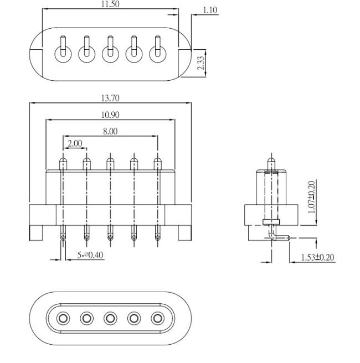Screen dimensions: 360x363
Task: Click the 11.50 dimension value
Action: pos(110,4)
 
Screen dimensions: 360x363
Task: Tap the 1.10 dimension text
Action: pos(210,10)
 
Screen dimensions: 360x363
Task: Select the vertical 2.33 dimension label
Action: pos(200,63)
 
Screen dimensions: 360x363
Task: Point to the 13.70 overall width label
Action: pos(110,98)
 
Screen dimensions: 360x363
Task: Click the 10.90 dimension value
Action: pos(110,115)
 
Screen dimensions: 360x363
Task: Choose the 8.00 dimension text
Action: pos(110,132)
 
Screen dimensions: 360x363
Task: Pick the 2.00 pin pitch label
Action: pos(75,143)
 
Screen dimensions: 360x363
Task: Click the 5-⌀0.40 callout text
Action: pos(90,255)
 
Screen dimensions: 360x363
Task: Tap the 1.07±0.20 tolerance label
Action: pos(312,197)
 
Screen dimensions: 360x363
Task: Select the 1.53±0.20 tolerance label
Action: pos(317,257)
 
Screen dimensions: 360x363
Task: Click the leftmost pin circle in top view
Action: pos(63,54)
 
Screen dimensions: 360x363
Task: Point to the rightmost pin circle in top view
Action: pos(157,54)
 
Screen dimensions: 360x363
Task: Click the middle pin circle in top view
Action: pos(110,54)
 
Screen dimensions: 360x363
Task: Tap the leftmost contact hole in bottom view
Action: pos(63,318)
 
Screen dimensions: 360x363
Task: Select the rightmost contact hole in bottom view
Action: pos(157,318)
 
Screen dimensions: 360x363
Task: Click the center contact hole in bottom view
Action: pos(110,318)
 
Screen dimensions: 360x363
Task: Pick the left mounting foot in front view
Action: pos(36,233)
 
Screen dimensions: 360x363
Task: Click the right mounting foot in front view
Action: pos(185,233)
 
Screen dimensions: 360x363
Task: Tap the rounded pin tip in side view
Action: pos(271,160)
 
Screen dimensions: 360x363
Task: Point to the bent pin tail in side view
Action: pos(279,237)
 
